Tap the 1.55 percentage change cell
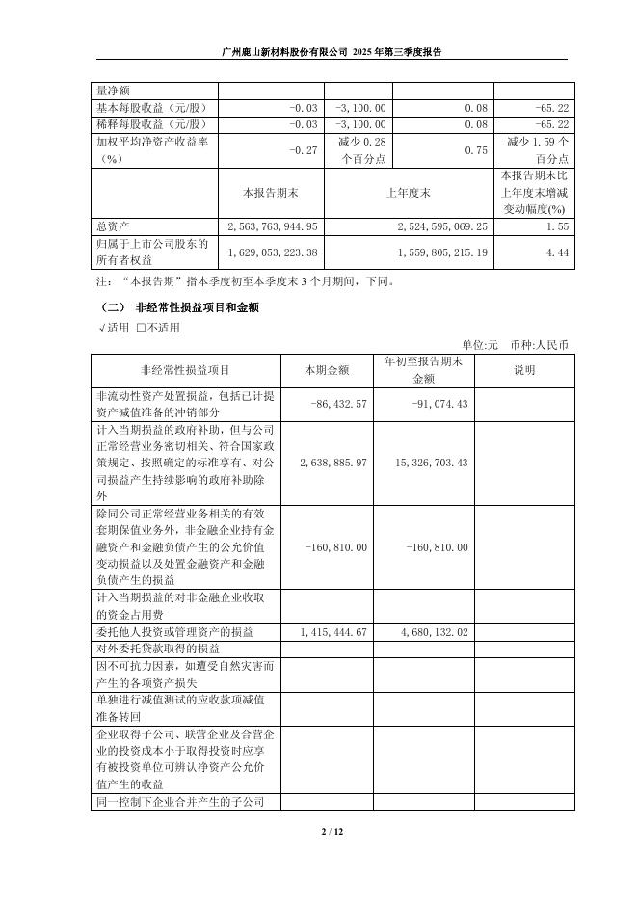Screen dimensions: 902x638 click(x=548, y=226)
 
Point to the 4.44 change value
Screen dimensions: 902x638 click(x=548, y=252)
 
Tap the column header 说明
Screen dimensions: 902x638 click(x=524, y=369)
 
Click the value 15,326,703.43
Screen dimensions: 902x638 click(x=431, y=463)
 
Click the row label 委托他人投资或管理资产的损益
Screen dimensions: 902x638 click(x=174, y=632)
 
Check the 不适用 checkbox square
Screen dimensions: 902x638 click(x=141, y=328)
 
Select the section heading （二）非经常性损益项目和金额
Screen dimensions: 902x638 click(x=178, y=307)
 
